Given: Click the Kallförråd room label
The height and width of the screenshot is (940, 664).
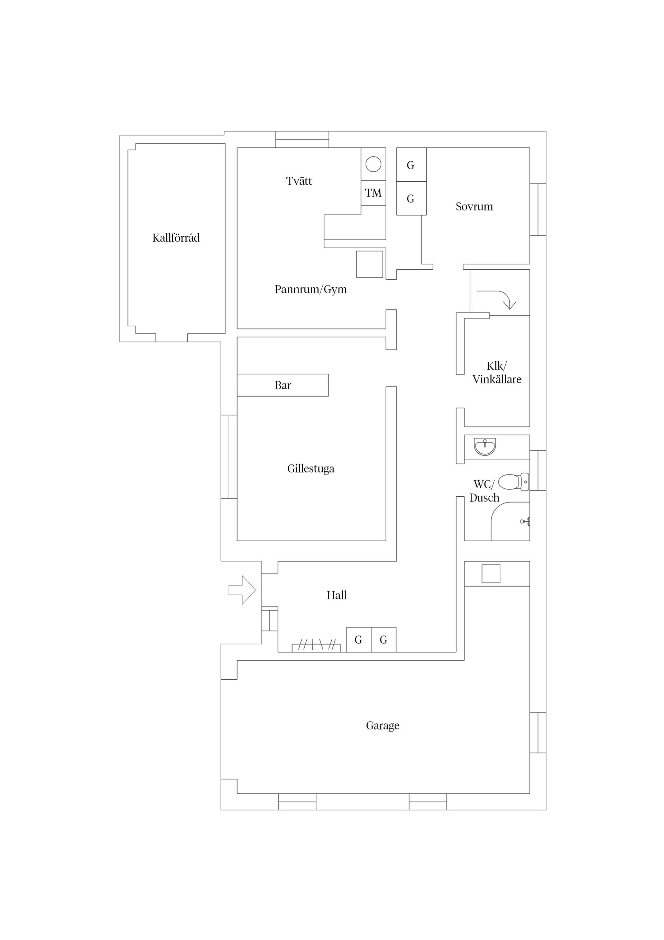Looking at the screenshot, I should pyautogui.click(x=176, y=238).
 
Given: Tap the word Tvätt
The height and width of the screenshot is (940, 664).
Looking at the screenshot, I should pyautogui.click(x=299, y=181).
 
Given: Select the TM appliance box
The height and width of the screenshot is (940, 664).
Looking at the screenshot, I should pyautogui.click(x=373, y=193).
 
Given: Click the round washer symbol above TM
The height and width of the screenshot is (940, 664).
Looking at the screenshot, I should pyautogui.click(x=373, y=164).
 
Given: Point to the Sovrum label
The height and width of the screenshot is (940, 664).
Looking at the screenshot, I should pyautogui.click(x=474, y=206).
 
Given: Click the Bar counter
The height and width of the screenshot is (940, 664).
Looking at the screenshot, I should pyautogui.click(x=283, y=385).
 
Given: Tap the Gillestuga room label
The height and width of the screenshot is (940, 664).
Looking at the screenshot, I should pyautogui.click(x=311, y=468).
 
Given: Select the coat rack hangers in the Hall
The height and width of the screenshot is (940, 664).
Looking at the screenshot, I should pyautogui.click(x=316, y=645).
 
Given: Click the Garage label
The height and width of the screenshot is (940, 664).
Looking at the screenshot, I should pyautogui.click(x=382, y=725).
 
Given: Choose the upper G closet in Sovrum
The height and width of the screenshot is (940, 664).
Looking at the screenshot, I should pyautogui.click(x=411, y=165).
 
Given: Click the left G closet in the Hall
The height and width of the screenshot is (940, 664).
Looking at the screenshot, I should pyautogui.click(x=358, y=640).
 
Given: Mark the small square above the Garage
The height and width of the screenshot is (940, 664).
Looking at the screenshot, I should pyautogui.click(x=491, y=573).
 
